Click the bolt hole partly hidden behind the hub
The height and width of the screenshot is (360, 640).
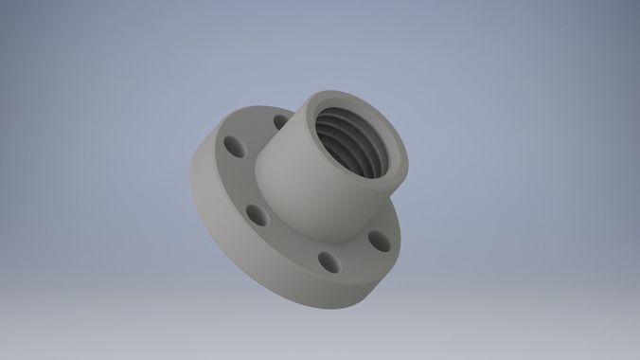tap(281, 121)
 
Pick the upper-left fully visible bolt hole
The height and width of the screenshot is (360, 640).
tap(232, 146)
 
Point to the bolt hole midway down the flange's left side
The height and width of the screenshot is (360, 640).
tap(254, 212)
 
